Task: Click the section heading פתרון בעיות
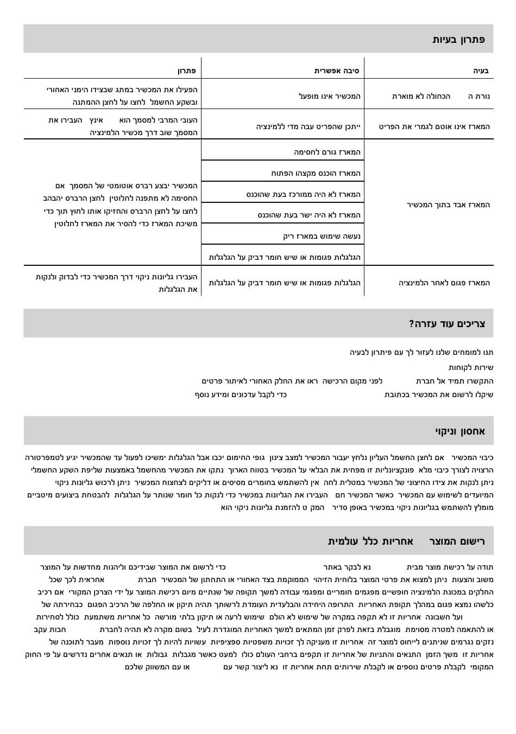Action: coord(458,40)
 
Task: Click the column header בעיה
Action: coord(481,71)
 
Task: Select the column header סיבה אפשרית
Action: coord(337,71)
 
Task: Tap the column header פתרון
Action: coord(186,71)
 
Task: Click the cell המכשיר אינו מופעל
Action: coord(330,96)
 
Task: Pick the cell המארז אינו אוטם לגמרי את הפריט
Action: coord(434,126)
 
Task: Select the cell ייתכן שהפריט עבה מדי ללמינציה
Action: coord(309,126)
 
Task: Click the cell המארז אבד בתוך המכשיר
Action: coord(448,205)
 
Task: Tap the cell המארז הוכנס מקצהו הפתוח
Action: coord(316,173)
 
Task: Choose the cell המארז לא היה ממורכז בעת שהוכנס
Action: coord(303,194)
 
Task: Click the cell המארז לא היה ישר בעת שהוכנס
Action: coord(309,215)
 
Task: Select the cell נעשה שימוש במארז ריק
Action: coord(322,236)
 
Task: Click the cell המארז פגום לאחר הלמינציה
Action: coord(444,283)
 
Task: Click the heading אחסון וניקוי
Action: coord(460,431)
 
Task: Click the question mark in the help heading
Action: coord(412,324)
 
